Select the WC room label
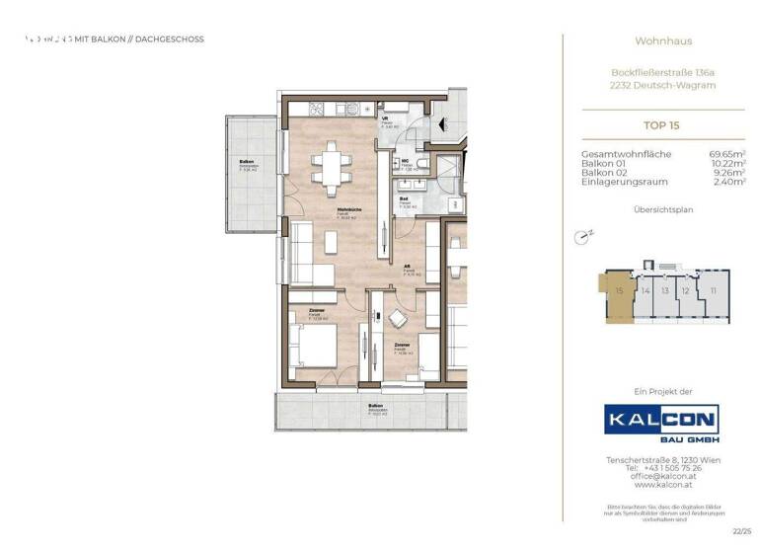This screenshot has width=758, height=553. pyautogui.click(x=406, y=162)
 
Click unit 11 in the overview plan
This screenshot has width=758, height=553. pyautogui.click(x=711, y=291)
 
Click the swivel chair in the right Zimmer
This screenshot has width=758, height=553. pyautogui.click(x=397, y=319)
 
